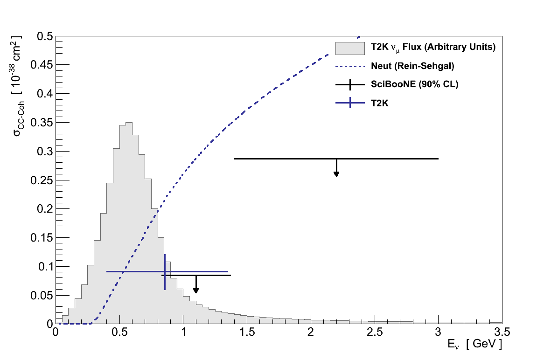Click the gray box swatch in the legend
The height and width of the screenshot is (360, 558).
pyautogui.click(x=349, y=48)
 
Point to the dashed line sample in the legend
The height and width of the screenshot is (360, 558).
pyautogui.click(x=349, y=66)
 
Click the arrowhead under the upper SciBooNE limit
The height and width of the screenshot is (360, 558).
pyautogui.click(x=336, y=174)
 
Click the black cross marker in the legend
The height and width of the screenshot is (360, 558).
pyautogui.click(x=349, y=85)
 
